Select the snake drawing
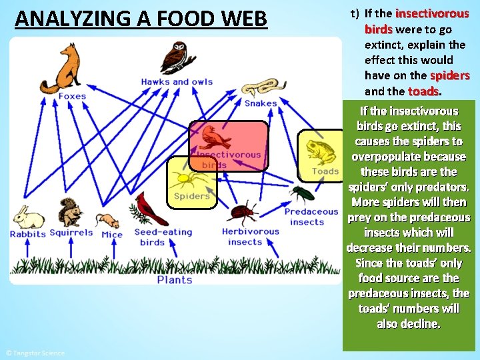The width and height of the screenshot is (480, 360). tap(259, 89)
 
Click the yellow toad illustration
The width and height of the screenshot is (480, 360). tap(322, 152)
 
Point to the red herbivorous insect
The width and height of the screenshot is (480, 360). tap(243, 213)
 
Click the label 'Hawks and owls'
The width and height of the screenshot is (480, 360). tap(177, 82)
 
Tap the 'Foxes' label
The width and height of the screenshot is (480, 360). tap(71, 96)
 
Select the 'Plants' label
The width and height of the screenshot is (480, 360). tap(175, 280)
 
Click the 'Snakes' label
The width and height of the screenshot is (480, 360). tap(260, 103)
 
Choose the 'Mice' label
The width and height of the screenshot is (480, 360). tap(112, 234)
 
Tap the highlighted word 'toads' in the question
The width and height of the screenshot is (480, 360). tap(423, 91)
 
